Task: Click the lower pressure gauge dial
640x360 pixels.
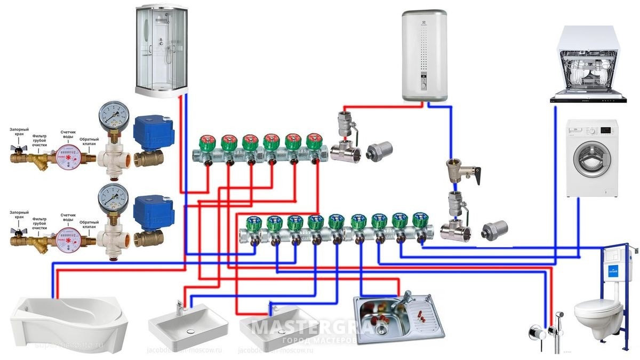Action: [x=113, y=197]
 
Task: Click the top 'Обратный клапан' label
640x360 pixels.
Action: [x=89, y=142]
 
